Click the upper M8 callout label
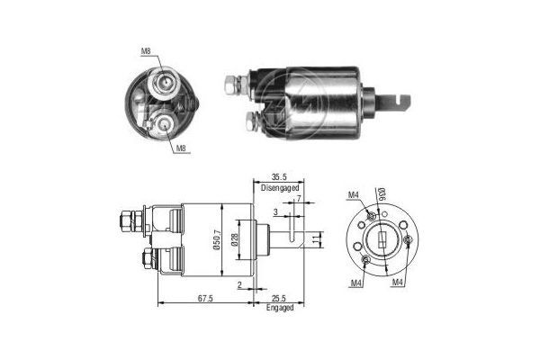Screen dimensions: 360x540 (x=146, y=52)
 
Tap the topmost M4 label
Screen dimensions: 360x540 (x=354, y=195)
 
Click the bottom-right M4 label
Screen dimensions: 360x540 (x=397, y=283)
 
